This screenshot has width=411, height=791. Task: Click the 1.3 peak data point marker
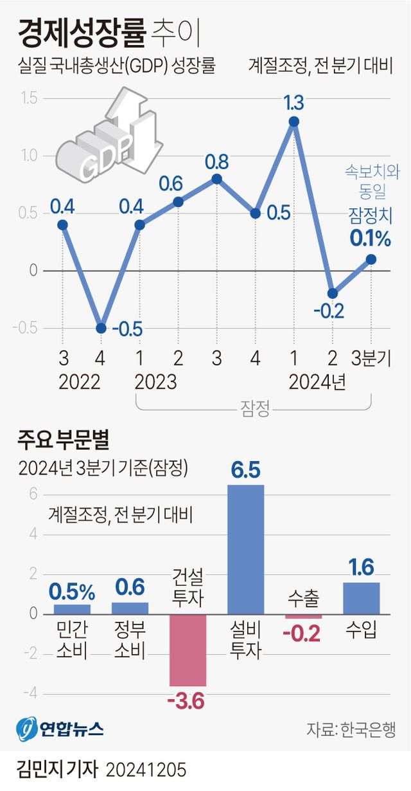[x=293, y=122]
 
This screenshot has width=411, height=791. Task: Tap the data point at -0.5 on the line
[x=101, y=328]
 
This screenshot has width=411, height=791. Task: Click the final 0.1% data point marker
[x=371, y=259]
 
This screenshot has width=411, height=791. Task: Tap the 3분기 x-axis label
[x=371, y=359]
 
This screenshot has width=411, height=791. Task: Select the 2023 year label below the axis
[x=155, y=382]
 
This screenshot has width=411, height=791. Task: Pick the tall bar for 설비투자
[x=246, y=549]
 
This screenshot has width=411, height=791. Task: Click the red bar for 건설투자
[x=188, y=650]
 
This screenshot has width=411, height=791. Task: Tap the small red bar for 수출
[x=304, y=616]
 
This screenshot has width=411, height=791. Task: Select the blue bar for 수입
[x=362, y=598]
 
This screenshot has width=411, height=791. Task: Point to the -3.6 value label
[x=186, y=700]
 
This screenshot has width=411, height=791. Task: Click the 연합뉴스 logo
[x=59, y=729]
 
